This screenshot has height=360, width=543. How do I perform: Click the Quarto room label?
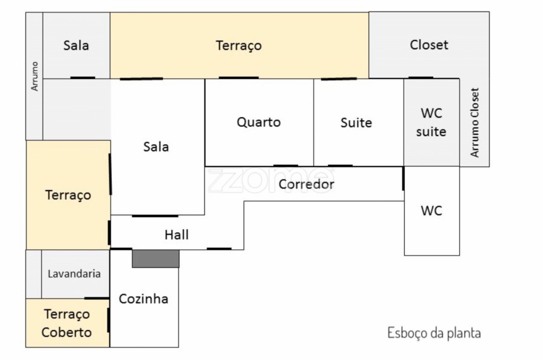coord(258,122)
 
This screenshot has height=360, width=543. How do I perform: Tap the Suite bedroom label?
coord(356,123)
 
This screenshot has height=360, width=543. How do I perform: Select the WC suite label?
coord(431,122)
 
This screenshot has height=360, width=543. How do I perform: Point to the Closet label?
coord(429,45)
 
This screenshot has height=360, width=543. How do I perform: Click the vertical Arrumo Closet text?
coord(475,122)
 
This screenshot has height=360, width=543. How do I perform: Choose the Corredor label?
coord(306,184)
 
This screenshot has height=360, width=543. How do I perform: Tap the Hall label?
coord(176,235)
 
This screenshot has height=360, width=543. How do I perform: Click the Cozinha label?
coord(144,298)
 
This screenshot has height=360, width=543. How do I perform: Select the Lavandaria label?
coord(75,273)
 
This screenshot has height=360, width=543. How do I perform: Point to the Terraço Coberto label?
coord(67,323)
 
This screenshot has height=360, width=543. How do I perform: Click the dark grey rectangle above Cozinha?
coord(156,259)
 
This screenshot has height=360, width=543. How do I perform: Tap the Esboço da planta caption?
coord(434,333)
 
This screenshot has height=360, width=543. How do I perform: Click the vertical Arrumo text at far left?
coord(35,76)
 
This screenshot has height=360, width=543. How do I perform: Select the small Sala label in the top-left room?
coord(76,45)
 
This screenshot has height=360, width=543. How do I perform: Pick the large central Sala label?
coord(156,147)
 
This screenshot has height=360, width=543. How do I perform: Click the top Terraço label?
coord(238,45)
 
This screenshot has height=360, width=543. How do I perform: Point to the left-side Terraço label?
coord(68,195)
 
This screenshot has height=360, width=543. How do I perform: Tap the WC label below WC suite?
coord(431,211)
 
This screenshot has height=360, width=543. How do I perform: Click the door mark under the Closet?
coord(421,78)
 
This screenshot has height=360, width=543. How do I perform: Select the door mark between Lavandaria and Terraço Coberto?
coord(96,298)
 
